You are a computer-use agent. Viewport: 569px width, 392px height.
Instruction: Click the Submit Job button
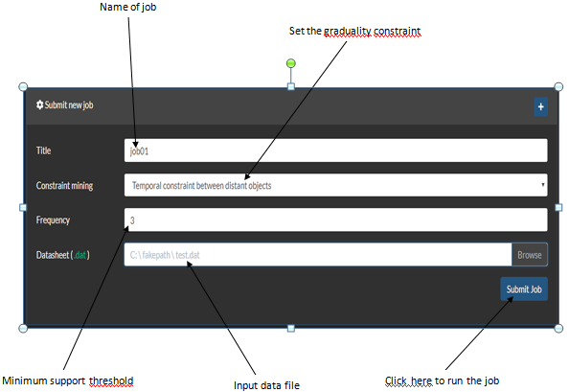[524, 288]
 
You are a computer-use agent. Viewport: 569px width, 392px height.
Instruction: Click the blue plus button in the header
[540, 106]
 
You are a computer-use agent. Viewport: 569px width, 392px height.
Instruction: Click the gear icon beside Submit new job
[39, 104]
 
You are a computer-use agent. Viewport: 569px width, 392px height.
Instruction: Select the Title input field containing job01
[335, 150]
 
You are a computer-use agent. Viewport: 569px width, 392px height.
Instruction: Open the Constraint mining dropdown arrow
[543, 184]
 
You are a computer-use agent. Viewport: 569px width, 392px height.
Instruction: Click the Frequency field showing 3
[335, 219]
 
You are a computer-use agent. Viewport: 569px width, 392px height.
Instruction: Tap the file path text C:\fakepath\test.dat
[165, 255]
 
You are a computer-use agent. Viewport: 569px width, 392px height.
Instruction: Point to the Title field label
[43, 150]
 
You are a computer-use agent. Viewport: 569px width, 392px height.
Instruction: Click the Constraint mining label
[64, 186]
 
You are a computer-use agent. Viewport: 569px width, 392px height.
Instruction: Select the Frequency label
[53, 219]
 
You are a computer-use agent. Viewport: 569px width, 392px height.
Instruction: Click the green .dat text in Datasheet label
[80, 255]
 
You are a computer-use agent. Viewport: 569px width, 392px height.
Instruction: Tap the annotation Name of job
[128, 7]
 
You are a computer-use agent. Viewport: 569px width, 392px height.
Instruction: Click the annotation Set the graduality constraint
[354, 32]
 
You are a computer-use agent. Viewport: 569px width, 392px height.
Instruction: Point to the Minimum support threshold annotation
[68, 380]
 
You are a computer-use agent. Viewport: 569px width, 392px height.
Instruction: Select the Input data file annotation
[266, 385]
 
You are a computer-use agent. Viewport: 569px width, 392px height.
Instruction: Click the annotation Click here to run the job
[442, 380]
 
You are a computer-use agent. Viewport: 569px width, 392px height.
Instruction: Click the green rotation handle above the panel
[290, 63]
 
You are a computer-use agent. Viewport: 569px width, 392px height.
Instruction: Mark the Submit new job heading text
[69, 105]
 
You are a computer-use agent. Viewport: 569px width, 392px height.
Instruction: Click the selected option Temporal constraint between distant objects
[202, 186]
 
